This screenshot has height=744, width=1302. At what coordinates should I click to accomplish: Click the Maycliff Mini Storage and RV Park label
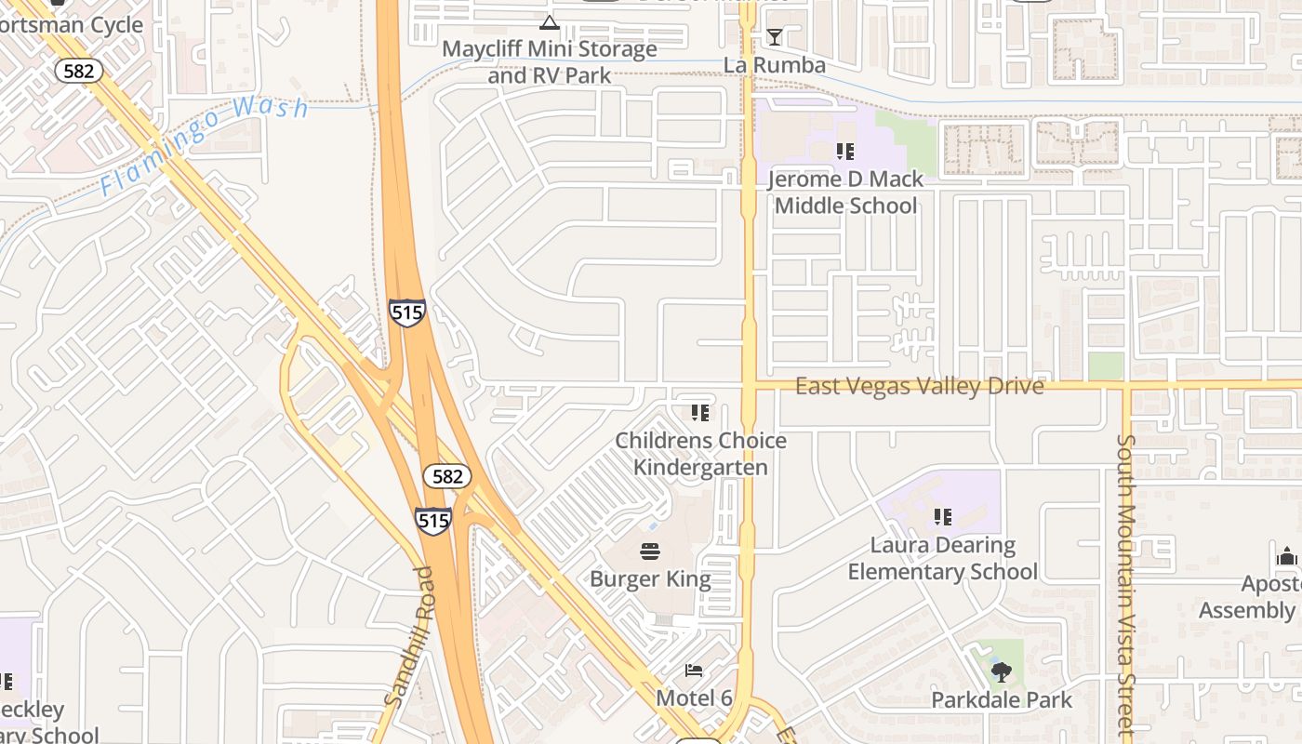click(549, 61)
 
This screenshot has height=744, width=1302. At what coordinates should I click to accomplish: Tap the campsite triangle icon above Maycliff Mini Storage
click(550, 22)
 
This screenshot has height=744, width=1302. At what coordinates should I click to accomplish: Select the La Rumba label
click(775, 65)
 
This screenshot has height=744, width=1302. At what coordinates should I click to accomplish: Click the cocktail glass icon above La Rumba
click(774, 37)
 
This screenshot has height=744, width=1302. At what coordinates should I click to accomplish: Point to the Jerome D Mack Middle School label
click(845, 192)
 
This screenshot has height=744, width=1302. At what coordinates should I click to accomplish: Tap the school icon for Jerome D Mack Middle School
click(844, 151)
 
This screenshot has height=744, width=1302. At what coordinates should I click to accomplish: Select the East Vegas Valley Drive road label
click(919, 386)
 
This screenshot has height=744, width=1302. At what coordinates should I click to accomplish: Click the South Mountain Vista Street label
click(1125, 586)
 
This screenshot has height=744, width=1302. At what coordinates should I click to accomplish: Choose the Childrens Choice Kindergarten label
click(701, 454)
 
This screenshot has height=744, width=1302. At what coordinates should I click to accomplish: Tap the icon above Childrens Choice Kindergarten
click(700, 412)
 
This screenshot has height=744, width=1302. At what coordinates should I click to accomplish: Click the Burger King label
click(650, 579)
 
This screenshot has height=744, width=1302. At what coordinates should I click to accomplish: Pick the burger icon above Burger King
click(650, 551)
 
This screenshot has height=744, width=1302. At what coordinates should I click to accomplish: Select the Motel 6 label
click(694, 697)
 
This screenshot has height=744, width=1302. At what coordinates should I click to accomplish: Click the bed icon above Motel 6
click(694, 671)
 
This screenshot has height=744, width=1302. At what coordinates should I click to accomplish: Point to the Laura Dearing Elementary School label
click(942, 558)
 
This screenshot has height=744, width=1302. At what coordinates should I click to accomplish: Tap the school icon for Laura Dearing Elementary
click(943, 516)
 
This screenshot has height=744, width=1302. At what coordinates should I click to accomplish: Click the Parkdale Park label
click(1002, 699)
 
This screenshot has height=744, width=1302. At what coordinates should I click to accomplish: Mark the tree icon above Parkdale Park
click(1002, 671)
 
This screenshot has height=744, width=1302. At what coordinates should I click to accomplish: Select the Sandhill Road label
click(409, 637)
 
